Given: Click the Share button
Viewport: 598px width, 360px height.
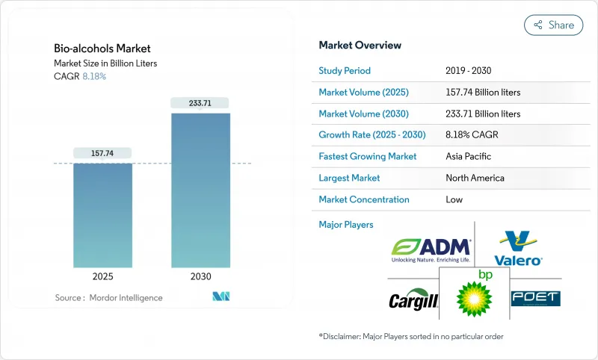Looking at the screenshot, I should [553, 25].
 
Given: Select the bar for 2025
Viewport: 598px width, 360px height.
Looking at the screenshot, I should [102, 214].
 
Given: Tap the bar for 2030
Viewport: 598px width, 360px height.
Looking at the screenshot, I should [200, 190].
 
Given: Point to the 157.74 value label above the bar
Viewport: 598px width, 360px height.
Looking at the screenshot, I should [102, 152].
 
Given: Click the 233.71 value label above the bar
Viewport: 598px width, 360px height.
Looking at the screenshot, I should [200, 103].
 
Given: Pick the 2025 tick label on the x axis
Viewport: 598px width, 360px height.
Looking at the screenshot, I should [102, 276].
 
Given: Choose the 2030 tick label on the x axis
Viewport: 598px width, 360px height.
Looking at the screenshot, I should [200, 276].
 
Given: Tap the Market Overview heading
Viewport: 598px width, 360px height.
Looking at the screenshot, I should [360, 45].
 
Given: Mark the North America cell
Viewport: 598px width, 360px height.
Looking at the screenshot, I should [475, 178].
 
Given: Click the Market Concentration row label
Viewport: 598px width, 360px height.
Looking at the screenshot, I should [364, 199].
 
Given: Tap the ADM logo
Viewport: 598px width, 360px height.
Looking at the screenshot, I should [431, 249].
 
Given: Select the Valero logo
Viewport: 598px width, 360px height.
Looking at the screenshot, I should [518, 249].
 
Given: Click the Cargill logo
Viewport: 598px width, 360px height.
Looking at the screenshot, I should [413, 300].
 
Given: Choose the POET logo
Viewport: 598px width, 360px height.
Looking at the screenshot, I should [535, 298].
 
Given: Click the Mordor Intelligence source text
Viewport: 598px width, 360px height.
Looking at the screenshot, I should [109, 298].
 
